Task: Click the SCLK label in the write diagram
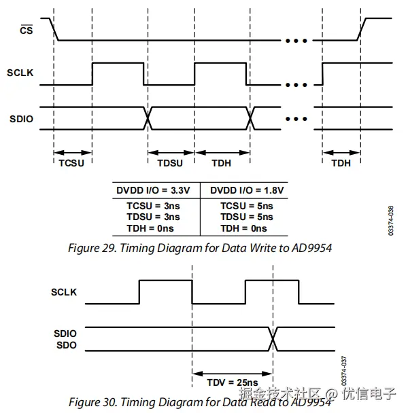22,73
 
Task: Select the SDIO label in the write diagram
22,118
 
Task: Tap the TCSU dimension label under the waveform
73,164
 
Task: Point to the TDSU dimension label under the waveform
170,164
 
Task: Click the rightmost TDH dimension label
342,164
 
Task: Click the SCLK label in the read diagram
64,292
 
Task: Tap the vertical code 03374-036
390,221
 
